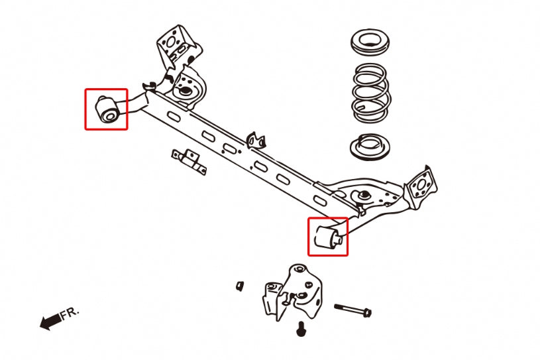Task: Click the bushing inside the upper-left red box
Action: pyautogui.click(x=107, y=109)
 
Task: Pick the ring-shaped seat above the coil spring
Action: pyautogui.click(x=369, y=42)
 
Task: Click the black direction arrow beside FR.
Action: pyautogui.click(x=49, y=322)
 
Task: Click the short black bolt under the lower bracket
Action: pyautogui.click(x=301, y=327)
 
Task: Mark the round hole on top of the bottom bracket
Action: pyautogui.click(x=299, y=269)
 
